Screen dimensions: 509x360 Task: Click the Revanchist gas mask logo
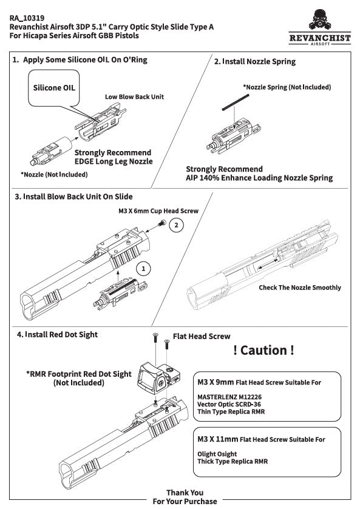pyautogui.click(x=319, y=19)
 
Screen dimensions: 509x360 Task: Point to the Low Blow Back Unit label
pyautogui.click(x=134, y=96)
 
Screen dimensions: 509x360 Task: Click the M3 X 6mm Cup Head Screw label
pyautogui.click(x=158, y=211)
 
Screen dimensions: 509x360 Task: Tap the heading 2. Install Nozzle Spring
pyautogui.click(x=255, y=62)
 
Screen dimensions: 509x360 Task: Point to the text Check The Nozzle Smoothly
pyautogui.click(x=299, y=288)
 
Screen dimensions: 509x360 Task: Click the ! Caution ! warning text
pyautogui.click(x=263, y=351)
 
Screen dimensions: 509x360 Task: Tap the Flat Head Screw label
pyautogui.click(x=202, y=335)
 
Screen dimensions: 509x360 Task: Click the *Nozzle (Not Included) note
pyautogui.click(x=54, y=175)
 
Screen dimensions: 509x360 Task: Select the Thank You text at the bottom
pyautogui.click(x=185, y=493)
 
